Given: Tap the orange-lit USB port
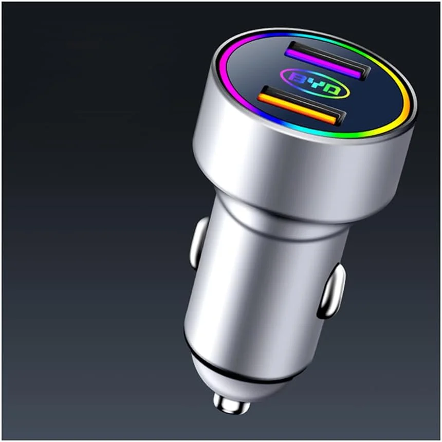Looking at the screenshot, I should click(300, 107).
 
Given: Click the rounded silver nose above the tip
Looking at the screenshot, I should click(236, 378).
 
